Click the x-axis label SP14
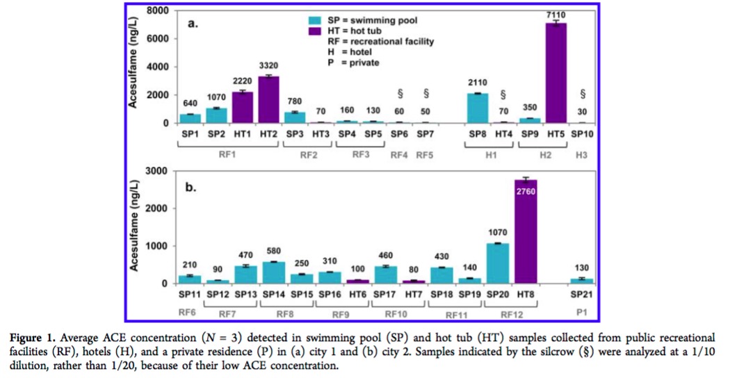pos(275,294)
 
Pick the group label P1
pos(583,313)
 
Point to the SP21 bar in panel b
pos(582,280)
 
